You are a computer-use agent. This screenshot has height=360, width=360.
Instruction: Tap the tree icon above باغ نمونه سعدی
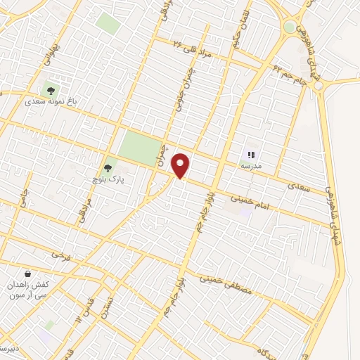point(51,89)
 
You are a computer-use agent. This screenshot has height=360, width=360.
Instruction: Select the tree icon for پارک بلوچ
point(108,169)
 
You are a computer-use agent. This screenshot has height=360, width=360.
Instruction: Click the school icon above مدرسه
point(252,155)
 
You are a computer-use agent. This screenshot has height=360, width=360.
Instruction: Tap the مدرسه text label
point(252,166)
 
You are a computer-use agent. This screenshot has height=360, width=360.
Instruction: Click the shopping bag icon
point(27,274)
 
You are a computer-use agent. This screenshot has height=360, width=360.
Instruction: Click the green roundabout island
point(289,27)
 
